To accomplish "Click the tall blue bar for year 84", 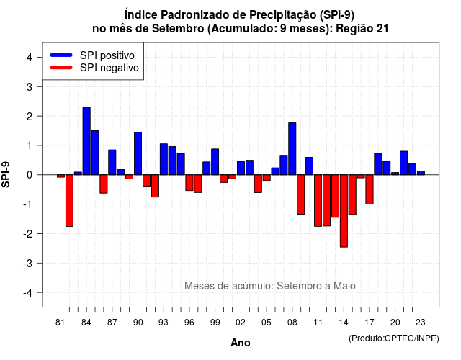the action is (x=86, y=141).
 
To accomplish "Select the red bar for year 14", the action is (x=344, y=211).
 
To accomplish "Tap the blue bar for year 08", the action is (x=292, y=149).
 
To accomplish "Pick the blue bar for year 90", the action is (x=138, y=153).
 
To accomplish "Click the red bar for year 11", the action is (x=318, y=201).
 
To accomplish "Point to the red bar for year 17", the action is (x=370, y=189).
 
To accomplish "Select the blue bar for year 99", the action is (x=215, y=162).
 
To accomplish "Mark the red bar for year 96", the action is (x=189, y=183).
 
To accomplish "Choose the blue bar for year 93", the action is (x=164, y=159).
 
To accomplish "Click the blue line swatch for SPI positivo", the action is (x=61, y=55).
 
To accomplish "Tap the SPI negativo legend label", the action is (x=109, y=68).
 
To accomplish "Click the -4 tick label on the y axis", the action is (x=28, y=293).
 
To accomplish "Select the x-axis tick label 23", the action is (x=421, y=323).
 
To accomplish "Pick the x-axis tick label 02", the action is (x=241, y=323).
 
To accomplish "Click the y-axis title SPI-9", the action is (x=6, y=174).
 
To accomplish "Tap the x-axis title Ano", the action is (x=241, y=343).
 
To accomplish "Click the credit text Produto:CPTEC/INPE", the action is (x=394, y=338).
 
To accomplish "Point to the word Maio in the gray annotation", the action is (x=344, y=286).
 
